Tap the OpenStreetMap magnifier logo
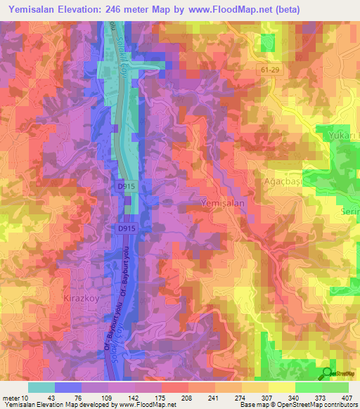click(327, 372)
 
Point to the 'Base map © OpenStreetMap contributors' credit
click(297, 405)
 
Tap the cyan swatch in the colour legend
click(41, 387)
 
